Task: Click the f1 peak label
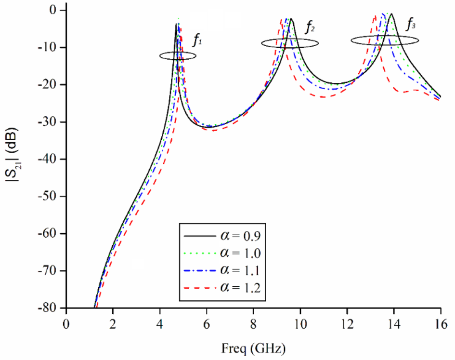197,41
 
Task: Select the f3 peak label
410,23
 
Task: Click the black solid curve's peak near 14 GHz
391,14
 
